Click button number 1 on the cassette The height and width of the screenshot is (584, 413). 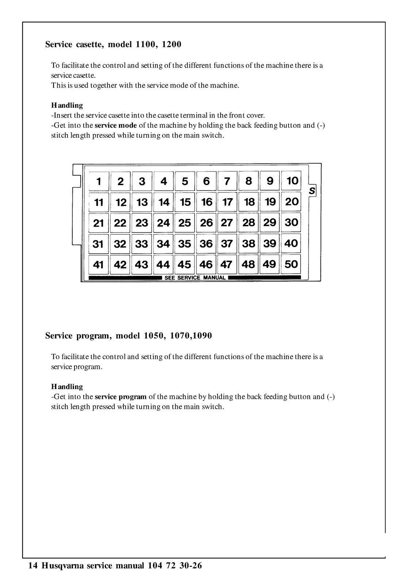click(x=99, y=181)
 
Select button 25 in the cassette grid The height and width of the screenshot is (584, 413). click(x=185, y=223)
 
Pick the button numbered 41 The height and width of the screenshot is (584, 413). click(x=99, y=265)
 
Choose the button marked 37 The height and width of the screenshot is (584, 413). click(x=227, y=243)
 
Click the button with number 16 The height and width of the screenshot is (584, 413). click(x=207, y=202)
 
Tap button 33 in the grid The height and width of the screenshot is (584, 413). click(x=142, y=244)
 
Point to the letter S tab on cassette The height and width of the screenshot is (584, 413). click(x=312, y=191)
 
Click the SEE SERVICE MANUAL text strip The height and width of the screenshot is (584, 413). click(x=195, y=278)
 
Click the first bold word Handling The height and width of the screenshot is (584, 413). click(x=67, y=105)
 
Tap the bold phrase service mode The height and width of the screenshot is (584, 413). click(x=116, y=126)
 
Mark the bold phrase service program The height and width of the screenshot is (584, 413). click(x=121, y=397)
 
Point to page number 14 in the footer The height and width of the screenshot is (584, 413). click(x=32, y=566)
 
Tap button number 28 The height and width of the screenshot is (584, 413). click(x=249, y=223)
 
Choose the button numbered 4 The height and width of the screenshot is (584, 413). click(x=164, y=181)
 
